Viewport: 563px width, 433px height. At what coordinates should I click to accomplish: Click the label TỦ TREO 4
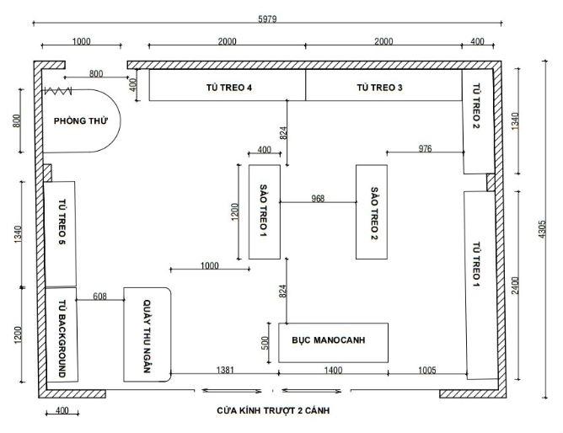pyautogui.click(x=228, y=87)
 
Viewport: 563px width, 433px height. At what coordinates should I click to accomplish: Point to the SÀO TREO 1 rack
pyautogui.click(x=264, y=211)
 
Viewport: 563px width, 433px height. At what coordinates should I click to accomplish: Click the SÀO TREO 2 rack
pyautogui.click(x=371, y=211)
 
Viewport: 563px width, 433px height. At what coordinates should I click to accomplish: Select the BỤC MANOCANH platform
pyautogui.click(x=333, y=341)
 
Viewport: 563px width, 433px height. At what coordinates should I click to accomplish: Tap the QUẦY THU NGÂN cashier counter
pyautogui.click(x=147, y=334)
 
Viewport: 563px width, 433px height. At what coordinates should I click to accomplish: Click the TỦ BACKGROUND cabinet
pyautogui.click(x=62, y=337)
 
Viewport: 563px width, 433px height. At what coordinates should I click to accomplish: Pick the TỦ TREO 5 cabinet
pyautogui.click(x=62, y=233)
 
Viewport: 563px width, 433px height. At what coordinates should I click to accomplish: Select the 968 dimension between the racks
pyautogui.click(x=318, y=199)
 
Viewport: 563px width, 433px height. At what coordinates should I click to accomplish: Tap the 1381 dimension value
pyautogui.click(x=225, y=370)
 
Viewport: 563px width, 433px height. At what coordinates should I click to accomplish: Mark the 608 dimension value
pyautogui.click(x=100, y=296)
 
